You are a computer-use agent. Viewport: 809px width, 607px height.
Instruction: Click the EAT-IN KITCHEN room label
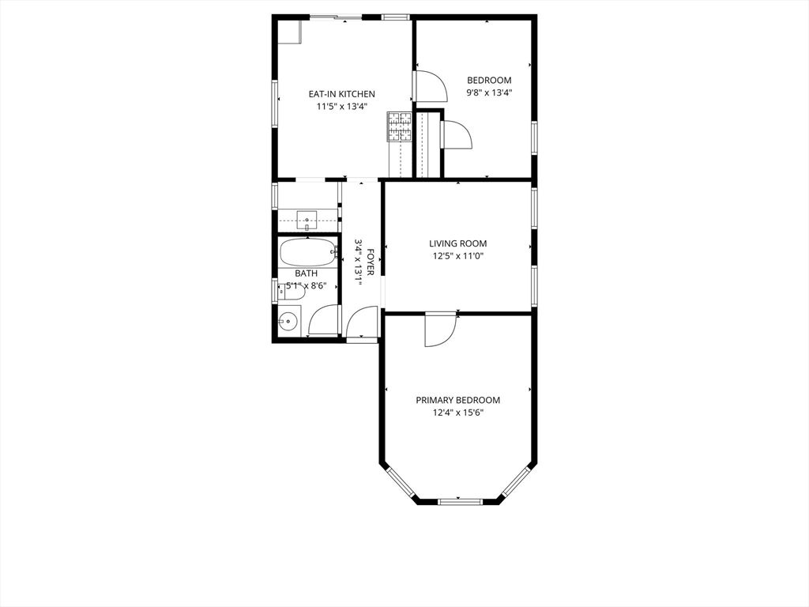(341, 94)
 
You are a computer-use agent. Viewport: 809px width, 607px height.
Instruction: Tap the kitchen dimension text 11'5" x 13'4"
(341, 106)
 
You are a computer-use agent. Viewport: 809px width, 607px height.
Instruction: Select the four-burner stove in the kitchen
(399, 126)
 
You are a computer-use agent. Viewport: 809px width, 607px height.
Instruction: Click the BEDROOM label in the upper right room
(489, 80)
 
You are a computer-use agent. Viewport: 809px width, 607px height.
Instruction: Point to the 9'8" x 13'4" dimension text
(489, 92)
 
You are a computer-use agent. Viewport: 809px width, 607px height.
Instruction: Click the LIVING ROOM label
(457, 243)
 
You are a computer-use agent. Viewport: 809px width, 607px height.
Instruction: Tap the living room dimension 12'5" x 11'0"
(457, 255)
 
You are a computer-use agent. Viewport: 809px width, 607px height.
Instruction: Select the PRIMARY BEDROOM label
(457, 400)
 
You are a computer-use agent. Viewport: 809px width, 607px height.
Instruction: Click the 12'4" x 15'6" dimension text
(457, 412)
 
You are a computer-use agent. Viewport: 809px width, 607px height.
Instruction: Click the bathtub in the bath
(307, 253)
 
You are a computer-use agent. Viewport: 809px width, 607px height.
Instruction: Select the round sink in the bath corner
(288, 321)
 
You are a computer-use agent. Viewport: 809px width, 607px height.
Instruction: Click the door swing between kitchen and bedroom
(429, 86)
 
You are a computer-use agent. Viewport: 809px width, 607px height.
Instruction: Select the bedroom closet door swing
(457, 135)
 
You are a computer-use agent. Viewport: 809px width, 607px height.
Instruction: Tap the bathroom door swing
(324, 322)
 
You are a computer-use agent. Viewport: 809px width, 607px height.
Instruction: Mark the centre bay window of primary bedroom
(460, 500)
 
